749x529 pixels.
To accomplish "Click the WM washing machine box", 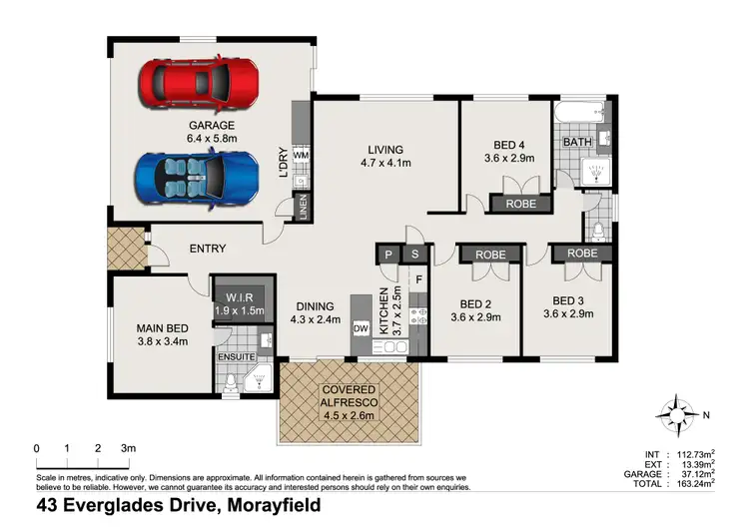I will [x=301, y=157].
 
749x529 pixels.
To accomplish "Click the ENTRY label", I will [x=207, y=249].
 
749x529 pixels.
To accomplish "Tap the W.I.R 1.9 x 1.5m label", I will [x=240, y=302].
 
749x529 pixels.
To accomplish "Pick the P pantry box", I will [x=388, y=256].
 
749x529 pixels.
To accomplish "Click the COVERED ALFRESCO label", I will [x=348, y=396].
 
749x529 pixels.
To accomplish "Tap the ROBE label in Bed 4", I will [x=520, y=204].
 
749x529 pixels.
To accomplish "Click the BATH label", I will [x=576, y=143].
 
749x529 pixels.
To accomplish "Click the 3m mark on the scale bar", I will [x=127, y=448].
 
